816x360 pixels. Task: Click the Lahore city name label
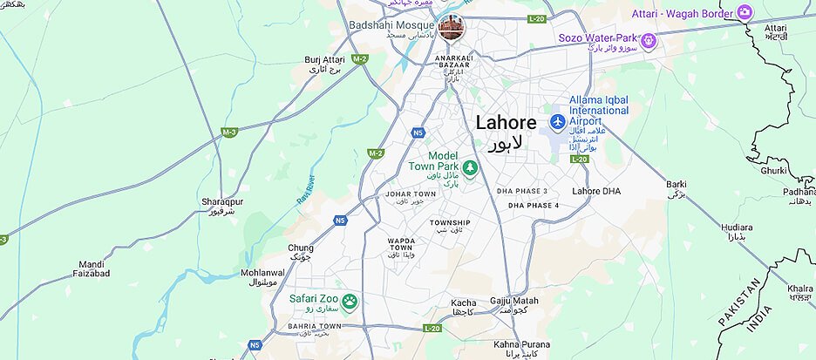(506, 123)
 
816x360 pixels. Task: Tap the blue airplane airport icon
(558, 119)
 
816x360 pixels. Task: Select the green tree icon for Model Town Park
(470, 167)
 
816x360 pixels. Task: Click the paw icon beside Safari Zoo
(350, 302)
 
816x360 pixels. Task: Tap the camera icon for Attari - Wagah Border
(745, 11)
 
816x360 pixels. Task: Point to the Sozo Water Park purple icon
(648, 39)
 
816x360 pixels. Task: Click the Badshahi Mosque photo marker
(452, 28)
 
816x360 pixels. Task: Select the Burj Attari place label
(324, 59)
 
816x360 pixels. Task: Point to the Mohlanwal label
(262, 273)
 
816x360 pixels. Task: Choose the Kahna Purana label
(518, 344)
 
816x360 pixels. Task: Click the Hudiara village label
(737, 228)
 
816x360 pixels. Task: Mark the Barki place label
(676, 184)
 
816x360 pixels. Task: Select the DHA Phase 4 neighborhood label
(534, 205)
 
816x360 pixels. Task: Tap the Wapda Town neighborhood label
(401, 243)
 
